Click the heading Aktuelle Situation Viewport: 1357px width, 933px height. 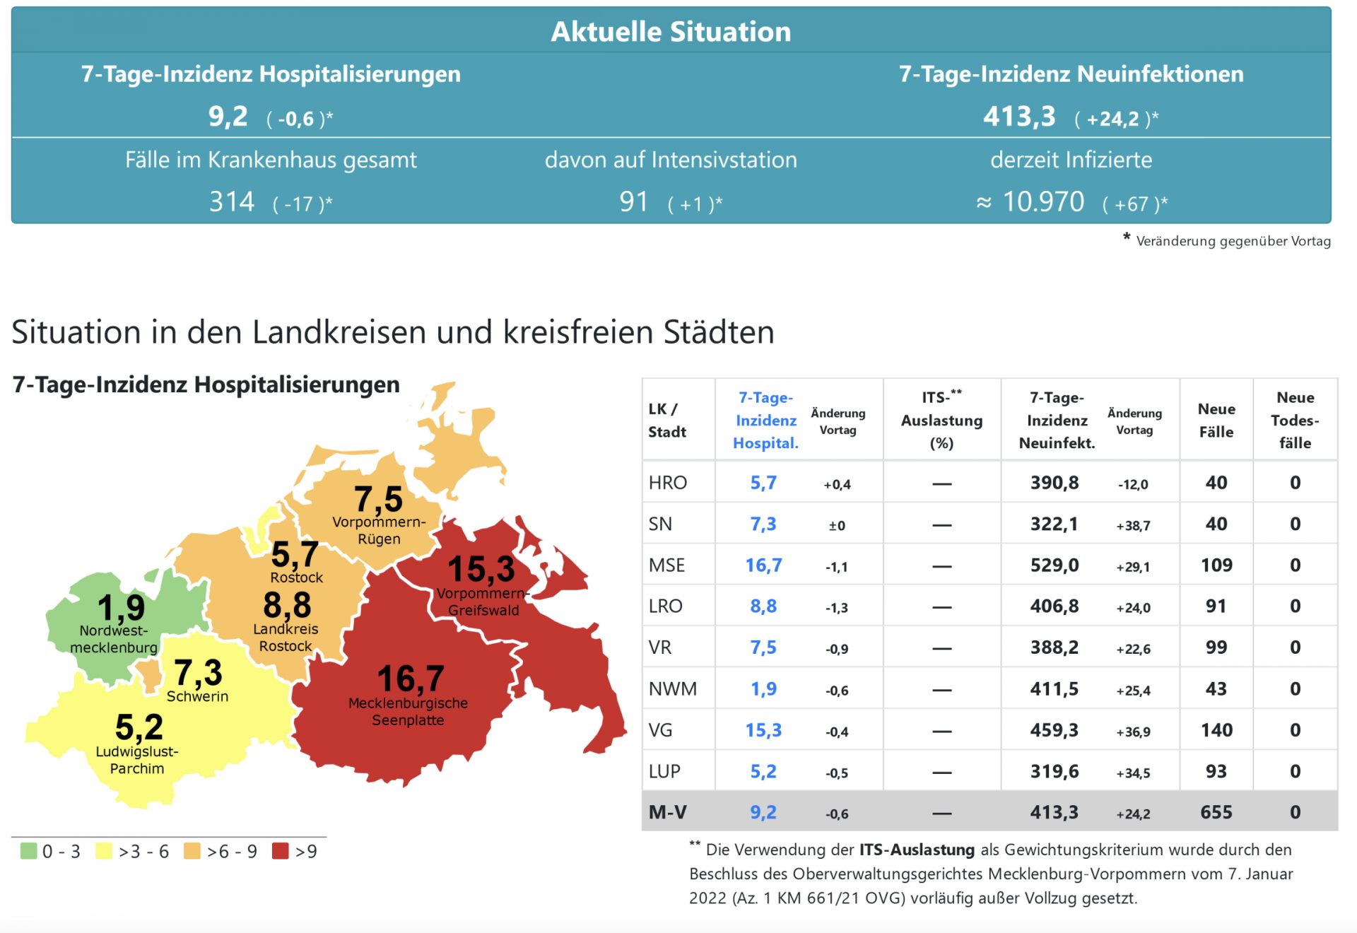pyautogui.click(x=670, y=32)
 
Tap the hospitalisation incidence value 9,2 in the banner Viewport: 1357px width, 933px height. pyautogui.click(x=228, y=116)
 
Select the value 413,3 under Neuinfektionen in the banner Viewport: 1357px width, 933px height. pyautogui.click(x=1018, y=116)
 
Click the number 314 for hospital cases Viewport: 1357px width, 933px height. pyautogui.click(x=231, y=202)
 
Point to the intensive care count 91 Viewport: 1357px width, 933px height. pyautogui.click(x=633, y=202)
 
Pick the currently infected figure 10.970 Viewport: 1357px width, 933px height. pyautogui.click(x=1042, y=202)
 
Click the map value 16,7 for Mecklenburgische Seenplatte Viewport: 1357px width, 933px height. pyautogui.click(x=410, y=679)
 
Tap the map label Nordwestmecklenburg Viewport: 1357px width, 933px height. pyautogui.click(x=113, y=639)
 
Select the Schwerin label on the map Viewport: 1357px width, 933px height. pyautogui.click(x=197, y=696)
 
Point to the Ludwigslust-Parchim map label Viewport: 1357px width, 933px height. pyautogui.click(x=137, y=760)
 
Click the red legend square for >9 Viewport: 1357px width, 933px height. pyautogui.click(x=281, y=851)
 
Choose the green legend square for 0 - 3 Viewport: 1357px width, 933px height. pyautogui.click(x=28, y=851)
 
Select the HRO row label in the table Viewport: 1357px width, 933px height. pyautogui.click(x=667, y=483)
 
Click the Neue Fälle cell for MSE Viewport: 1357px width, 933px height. pyautogui.click(x=1216, y=565)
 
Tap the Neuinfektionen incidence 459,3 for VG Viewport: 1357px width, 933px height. pyautogui.click(x=1054, y=730)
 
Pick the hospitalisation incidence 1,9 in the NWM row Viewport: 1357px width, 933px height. pyautogui.click(x=763, y=689)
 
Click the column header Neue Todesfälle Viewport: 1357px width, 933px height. pyautogui.click(x=1294, y=420)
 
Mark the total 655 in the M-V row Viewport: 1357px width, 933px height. pyautogui.click(x=1216, y=812)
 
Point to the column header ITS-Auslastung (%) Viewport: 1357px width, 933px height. pyautogui.click(x=941, y=420)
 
